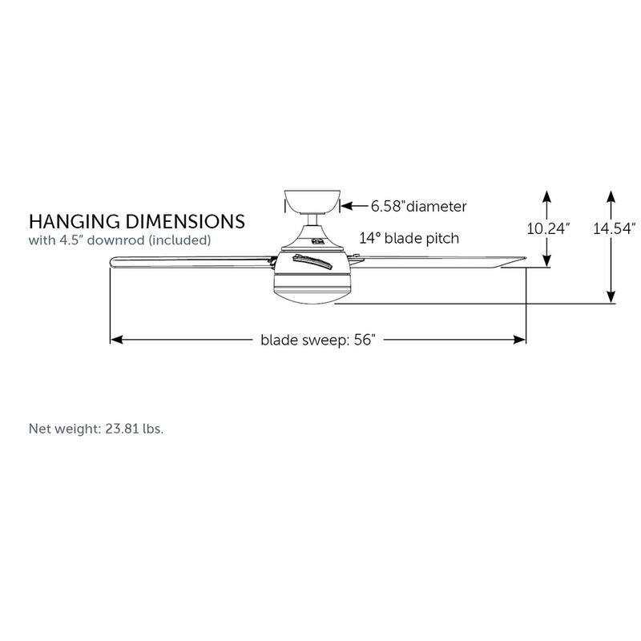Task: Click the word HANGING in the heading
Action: pos(71,220)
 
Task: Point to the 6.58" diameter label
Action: pos(417,207)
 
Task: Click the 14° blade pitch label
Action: pos(409,238)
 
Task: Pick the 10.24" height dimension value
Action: pos(548,228)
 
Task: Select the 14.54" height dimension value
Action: pos(614,228)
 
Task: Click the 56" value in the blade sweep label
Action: pos(363,340)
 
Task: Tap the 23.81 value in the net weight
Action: pos(120,429)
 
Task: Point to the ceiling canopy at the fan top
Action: pos(313,200)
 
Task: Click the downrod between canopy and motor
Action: pos(313,220)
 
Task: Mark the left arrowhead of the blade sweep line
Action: pos(115,340)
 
